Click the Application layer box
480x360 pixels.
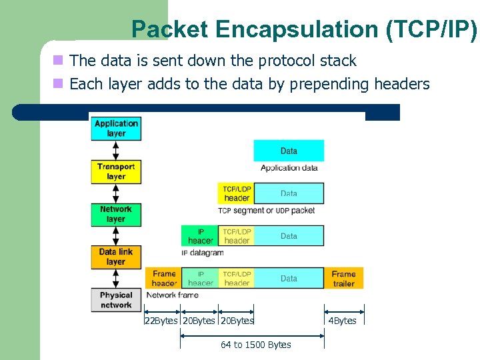pos(116,128)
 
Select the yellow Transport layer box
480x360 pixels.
pos(116,171)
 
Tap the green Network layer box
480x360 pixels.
pos(116,214)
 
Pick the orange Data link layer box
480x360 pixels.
pos(116,257)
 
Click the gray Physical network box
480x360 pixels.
pos(116,300)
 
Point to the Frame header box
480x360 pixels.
pos(163,278)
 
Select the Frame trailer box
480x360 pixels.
pos(344,278)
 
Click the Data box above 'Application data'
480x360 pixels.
pos(289,151)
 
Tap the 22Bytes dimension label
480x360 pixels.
pos(161,321)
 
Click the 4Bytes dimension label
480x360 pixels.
pos(343,321)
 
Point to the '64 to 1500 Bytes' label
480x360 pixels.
pos(256,345)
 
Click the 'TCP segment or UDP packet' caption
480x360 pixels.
pos(266,211)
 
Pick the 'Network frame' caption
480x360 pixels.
pos(172,295)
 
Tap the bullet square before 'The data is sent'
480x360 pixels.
pos(58,61)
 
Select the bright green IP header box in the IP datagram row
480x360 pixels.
pos(200,236)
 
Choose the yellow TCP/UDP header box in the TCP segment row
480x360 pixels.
pos(237,193)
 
